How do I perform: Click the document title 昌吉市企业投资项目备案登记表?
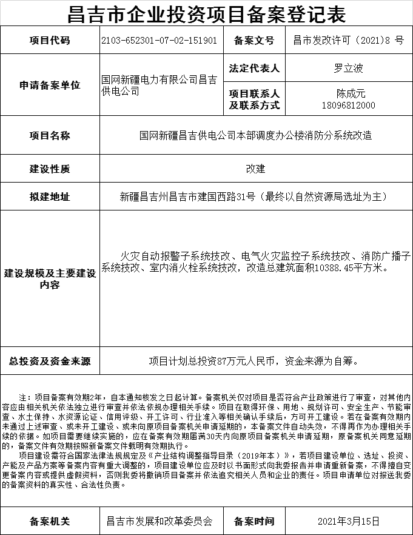(206, 13)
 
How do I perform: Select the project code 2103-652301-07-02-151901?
(159, 41)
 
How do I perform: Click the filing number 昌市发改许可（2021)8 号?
(348, 41)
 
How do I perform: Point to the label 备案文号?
(254, 41)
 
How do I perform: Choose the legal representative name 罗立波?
(348, 68)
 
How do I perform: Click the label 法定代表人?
(254, 68)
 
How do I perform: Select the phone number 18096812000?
(348, 105)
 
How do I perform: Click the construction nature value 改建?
(255, 169)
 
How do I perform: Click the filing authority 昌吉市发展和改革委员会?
(159, 520)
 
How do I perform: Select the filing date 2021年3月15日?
(348, 520)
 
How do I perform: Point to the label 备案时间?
(254, 520)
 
